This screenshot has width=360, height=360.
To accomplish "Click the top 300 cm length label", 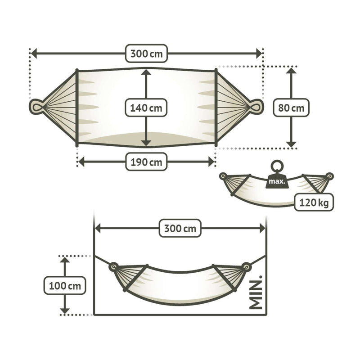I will click(147, 54).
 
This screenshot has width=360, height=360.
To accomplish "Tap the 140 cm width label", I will click(146, 108).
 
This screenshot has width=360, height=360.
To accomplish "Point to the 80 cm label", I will click(291, 108).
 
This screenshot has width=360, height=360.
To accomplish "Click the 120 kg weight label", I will click(315, 203).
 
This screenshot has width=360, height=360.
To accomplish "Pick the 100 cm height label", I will click(65, 285).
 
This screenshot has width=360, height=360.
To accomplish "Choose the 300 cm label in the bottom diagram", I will click(180, 229).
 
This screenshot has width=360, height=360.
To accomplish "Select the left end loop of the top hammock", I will click(36, 107).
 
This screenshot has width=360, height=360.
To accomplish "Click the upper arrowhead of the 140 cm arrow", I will click(146, 72).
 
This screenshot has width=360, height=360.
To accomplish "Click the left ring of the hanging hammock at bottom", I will click(113, 266).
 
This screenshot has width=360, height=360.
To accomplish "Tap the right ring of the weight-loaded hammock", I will click(330, 176).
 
